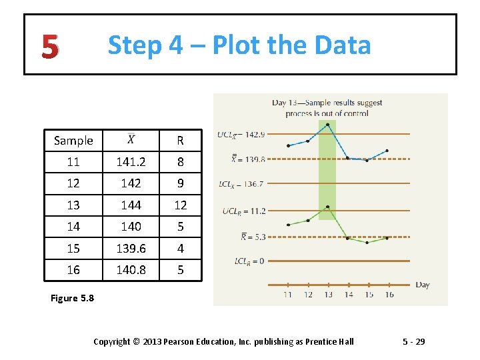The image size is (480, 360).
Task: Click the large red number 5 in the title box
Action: point(49,45)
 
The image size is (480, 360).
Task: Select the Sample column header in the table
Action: point(73,140)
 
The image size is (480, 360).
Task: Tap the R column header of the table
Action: point(180,141)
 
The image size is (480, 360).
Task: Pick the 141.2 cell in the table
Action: point(131,161)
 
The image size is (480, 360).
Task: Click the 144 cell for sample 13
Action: point(131,205)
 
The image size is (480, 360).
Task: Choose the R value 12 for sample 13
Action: point(180,205)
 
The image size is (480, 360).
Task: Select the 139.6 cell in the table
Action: point(131,248)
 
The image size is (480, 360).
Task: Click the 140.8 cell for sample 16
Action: point(131,269)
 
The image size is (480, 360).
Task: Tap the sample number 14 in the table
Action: point(73,226)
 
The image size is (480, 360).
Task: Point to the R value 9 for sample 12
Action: point(180,183)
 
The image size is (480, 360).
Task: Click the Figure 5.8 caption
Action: point(72,298)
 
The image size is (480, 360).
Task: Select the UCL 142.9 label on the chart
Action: point(241,134)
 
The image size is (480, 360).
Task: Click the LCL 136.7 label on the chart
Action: point(241,183)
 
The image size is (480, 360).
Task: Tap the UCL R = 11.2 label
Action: point(244,211)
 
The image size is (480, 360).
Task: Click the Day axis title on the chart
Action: point(423,285)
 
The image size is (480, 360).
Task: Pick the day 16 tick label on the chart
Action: point(389,294)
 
